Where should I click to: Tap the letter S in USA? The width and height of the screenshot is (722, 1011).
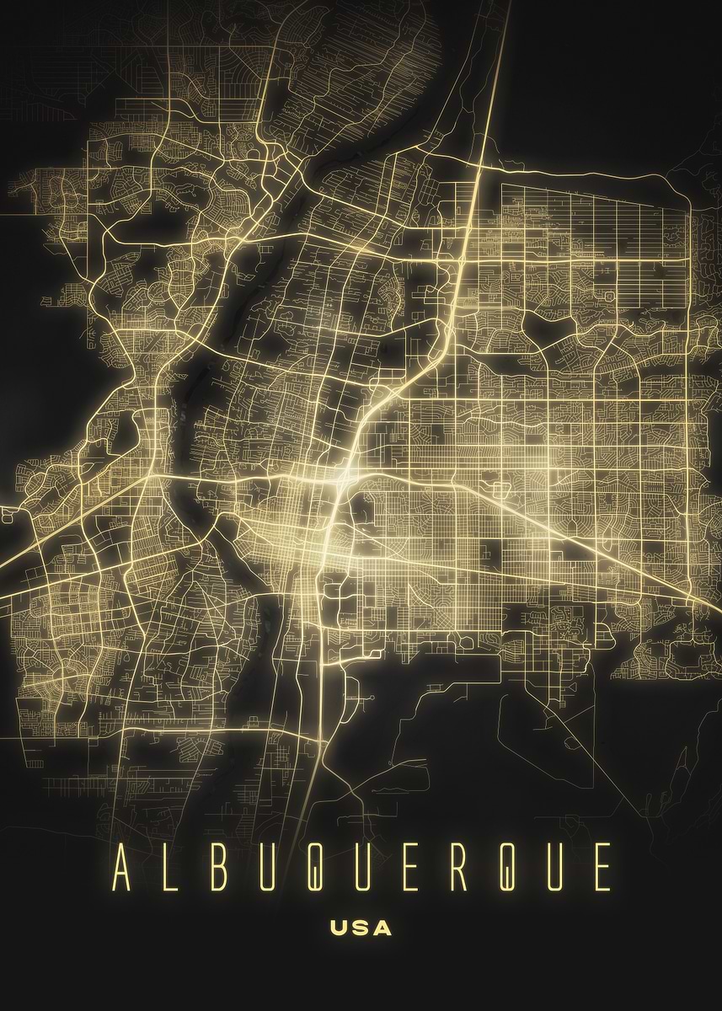361,928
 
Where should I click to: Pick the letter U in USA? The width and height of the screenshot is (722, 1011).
340,928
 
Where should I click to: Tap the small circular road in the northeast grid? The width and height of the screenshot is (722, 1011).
608,297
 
